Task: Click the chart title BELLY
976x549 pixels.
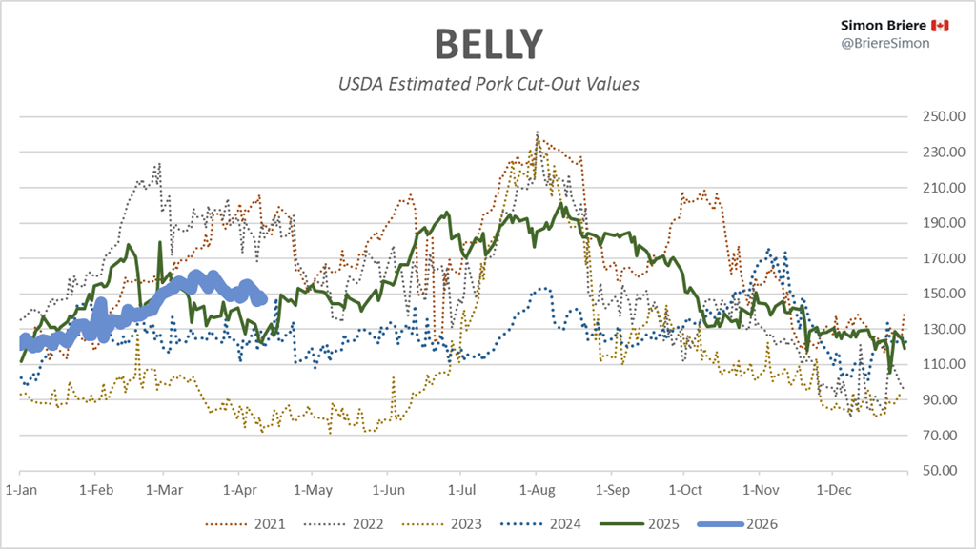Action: (488, 45)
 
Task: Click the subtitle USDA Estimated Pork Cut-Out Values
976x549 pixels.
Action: (488, 84)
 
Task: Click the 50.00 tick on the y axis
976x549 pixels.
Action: (939, 471)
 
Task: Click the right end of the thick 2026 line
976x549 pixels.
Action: (262, 299)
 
